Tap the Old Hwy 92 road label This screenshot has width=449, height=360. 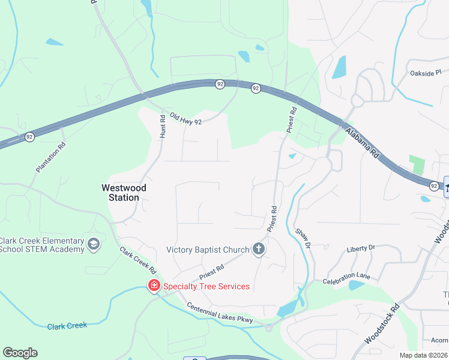[185, 118]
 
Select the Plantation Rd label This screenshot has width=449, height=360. [50, 158]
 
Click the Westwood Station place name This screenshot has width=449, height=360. [124, 192]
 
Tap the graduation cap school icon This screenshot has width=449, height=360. [93, 244]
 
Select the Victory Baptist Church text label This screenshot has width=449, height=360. [208, 250]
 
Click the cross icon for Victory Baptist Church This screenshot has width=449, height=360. [259, 249]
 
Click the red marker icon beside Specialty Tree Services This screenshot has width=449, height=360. [154, 286]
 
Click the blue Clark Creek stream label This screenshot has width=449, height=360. [67, 326]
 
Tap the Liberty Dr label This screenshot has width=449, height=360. [361, 247]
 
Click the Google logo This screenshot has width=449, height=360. [20, 353]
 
